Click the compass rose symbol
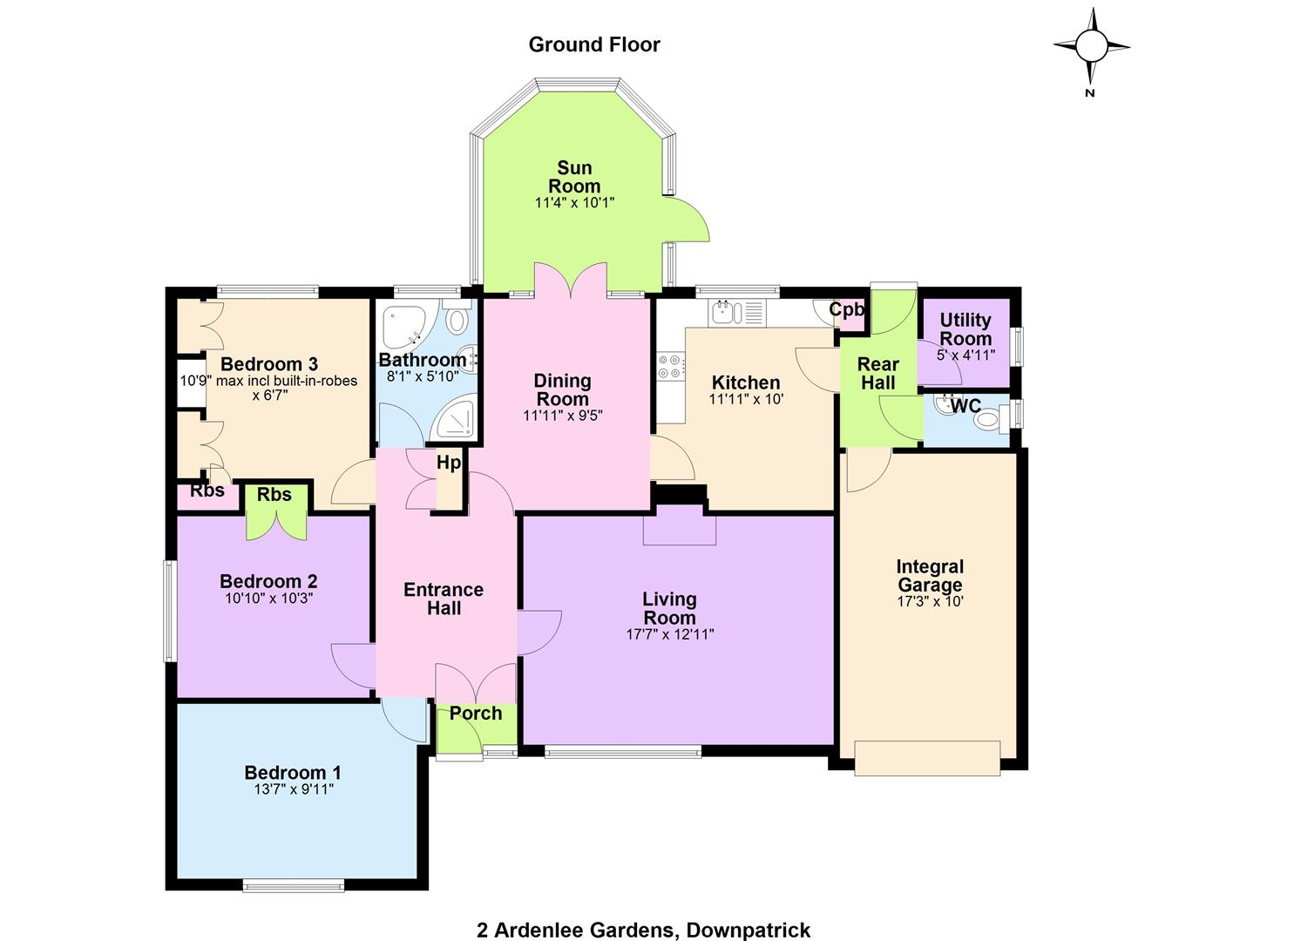(1091, 47)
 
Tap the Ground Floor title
(594, 44)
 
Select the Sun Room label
(573, 177)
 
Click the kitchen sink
(727, 313)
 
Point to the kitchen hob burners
(671, 366)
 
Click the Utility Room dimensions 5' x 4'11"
(965, 355)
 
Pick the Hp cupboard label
(448, 463)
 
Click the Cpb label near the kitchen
(846, 309)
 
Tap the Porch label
(476, 714)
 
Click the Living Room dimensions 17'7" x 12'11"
(669, 634)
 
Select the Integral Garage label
(930, 575)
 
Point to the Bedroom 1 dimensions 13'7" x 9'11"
(294, 789)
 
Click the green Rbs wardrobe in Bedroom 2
(276, 512)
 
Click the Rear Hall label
(877, 373)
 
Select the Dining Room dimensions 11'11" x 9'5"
(562, 416)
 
